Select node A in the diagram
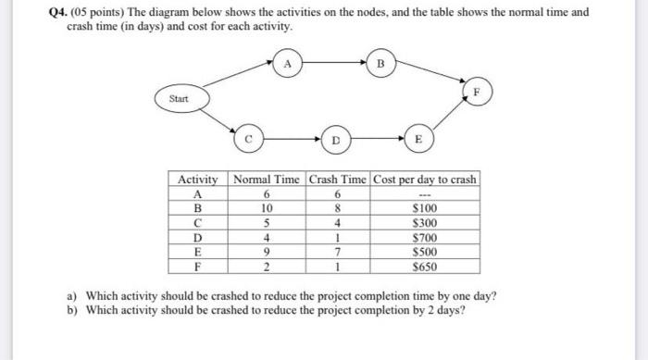(288, 65)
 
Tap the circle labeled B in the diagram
(380, 65)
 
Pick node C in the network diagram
(247, 140)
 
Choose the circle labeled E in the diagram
(417, 140)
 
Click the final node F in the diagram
(478, 93)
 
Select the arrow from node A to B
(333, 65)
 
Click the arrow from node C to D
(291, 140)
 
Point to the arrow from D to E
(376, 140)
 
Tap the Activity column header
(197, 179)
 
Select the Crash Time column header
(337, 179)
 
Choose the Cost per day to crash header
(425, 179)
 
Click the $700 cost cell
(425, 238)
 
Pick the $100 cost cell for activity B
(425, 208)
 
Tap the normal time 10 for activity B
(266, 208)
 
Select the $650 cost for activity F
(425, 267)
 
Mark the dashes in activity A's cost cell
(425, 193)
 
